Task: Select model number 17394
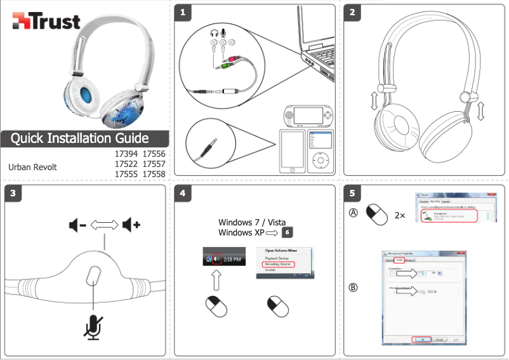pyautogui.click(x=126, y=154)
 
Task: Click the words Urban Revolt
pyautogui.click(x=32, y=167)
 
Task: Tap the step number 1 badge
pyautogui.click(x=183, y=11)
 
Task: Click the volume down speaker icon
pyautogui.click(x=77, y=225)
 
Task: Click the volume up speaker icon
pyautogui.click(x=132, y=225)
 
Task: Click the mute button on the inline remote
pyautogui.click(x=94, y=276)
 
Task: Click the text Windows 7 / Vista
pyautogui.click(x=252, y=223)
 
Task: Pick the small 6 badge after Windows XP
pyautogui.click(x=288, y=232)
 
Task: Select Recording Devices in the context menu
pyautogui.click(x=281, y=264)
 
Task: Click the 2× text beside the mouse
pyautogui.click(x=400, y=215)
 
